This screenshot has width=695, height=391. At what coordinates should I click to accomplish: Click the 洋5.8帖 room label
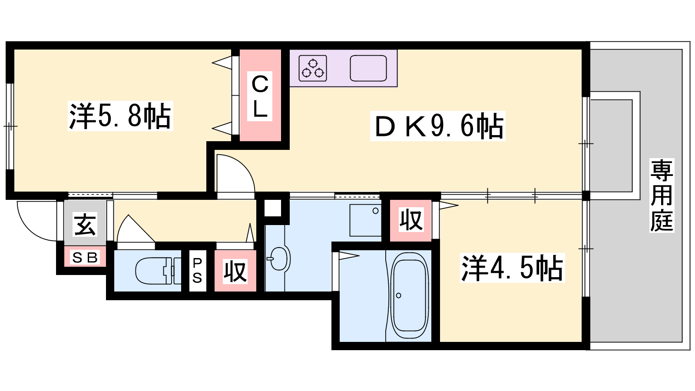(x=120, y=116)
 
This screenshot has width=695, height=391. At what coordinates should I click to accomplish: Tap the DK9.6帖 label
(x=437, y=126)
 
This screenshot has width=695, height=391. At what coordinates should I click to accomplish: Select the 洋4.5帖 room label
(x=512, y=268)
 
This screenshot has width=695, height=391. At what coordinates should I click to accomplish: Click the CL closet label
(x=260, y=96)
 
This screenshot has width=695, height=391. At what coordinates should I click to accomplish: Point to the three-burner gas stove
(x=313, y=68)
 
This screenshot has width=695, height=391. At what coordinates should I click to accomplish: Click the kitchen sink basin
(x=368, y=68)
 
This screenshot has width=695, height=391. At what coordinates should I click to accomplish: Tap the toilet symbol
(x=158, y=271)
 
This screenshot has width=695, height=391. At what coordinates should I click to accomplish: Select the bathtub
(x=409, y=295)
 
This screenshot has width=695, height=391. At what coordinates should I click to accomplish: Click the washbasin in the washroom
(x=279, y=259)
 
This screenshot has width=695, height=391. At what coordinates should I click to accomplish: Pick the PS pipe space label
(x=197, y=271)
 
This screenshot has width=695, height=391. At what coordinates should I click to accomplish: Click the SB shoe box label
(x=85, y=257)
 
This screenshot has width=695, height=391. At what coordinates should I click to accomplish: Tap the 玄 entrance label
(x=85, y=224)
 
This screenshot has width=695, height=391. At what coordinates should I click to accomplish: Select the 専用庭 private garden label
(x=662, y=195)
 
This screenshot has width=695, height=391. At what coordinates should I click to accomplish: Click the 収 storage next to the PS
(x=235, y=272)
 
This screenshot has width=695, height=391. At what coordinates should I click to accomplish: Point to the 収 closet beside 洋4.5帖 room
(x=411, y=220)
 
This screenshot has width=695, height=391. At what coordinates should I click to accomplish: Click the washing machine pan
(x=365, y=220)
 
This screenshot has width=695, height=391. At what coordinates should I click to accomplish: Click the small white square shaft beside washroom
(x=272, y=208)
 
